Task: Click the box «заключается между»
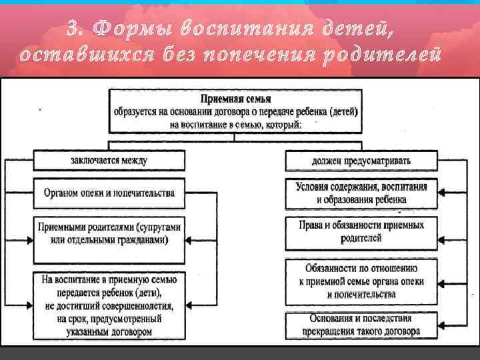point(109,161)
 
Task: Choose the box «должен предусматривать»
point(362,161)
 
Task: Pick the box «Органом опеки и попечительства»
point(109,193)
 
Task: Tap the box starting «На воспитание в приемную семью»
point(109,303)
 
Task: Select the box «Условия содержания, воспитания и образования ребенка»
point(362,193)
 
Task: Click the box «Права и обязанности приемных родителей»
point(362,231)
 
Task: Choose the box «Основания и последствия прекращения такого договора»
point(362,325)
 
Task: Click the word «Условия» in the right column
point(313,187)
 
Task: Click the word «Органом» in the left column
point(61,193)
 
